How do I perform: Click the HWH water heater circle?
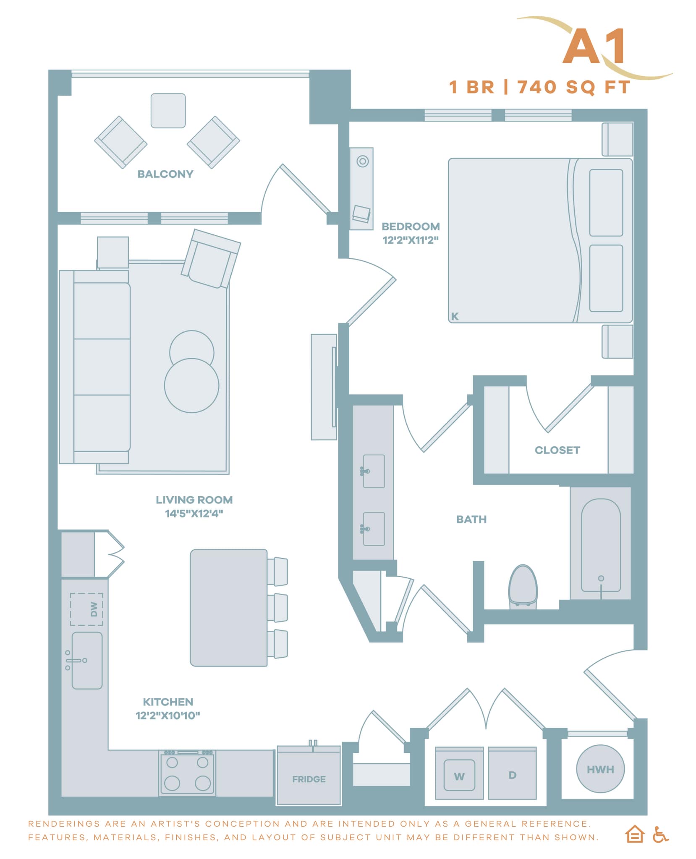pos(600,769)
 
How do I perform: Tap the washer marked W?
pos(459,776)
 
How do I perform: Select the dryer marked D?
pos(512,775)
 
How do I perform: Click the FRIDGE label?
pos(309,779)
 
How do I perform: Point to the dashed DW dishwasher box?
pos(86,609)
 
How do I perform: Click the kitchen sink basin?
pos(87,661)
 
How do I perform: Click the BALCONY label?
pos(165,174)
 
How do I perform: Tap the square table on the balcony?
pos(168,111)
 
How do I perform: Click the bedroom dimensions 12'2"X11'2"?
pos(410,240)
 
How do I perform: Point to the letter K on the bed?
pos(455,316)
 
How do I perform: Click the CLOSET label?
pos(557,450)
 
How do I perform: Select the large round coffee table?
pos(191,385)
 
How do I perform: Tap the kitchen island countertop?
pos(228,607)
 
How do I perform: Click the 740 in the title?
pos(537,87)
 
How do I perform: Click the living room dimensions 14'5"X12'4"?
pos(194,513)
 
